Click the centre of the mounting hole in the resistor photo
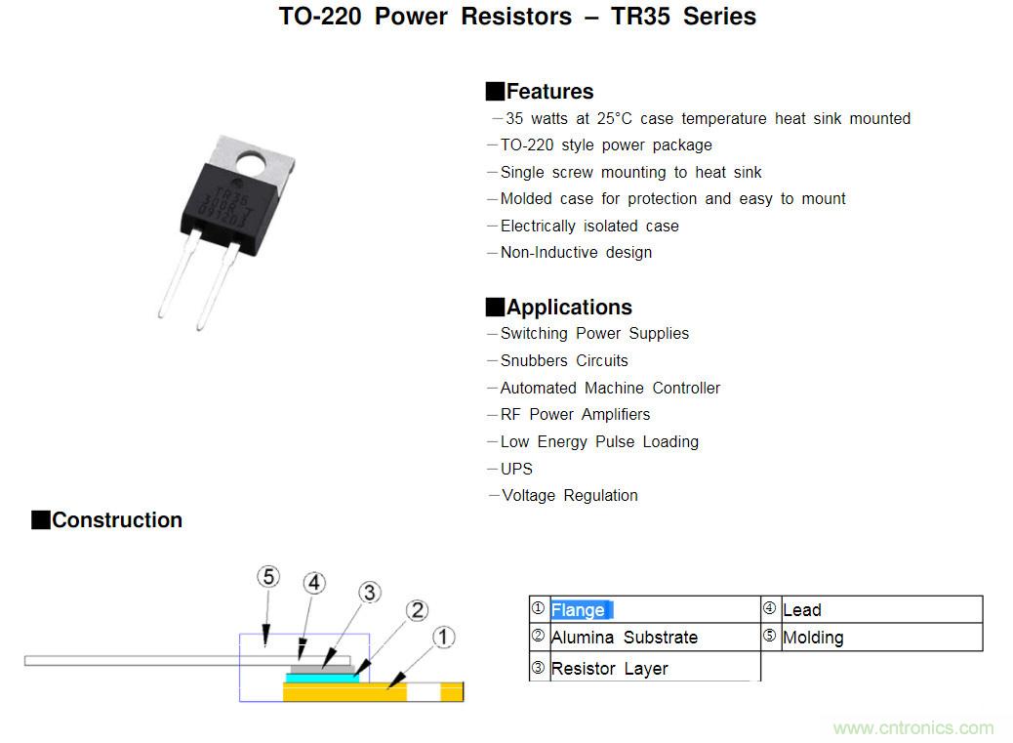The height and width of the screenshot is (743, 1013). [x=252, y=164]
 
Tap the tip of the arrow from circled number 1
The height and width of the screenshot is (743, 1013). [x=387, y=688]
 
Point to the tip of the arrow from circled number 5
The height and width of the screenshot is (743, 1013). [x=265, y=646]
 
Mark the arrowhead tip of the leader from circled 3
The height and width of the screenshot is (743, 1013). [x=322, y=668]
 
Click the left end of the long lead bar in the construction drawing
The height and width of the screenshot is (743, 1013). [x=24, y=660]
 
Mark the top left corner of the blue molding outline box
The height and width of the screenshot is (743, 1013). [x=240, y=635]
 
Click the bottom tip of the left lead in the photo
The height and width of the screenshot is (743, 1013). [x=160, y=316]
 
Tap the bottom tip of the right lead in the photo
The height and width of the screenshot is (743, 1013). [x=200, y=329]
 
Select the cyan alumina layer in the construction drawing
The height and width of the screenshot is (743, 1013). [x=322, y=679]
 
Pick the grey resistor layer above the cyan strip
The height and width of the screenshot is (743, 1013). [x=320, y=669]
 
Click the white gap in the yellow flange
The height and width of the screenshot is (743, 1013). [x=424, y=692]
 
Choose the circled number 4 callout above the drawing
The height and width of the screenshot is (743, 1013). [x=314, y=584]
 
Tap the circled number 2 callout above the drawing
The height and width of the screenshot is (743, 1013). [x=418, y=610]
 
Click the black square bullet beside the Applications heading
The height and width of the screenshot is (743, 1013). [x=494, y=307]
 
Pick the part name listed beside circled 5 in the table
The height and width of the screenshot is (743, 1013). [x=813, y=639]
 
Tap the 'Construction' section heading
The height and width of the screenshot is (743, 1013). [x=117, y=520]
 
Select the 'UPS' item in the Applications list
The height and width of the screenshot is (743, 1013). [x=516, y=469]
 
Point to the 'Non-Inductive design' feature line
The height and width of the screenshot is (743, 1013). [x=576, y=253]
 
